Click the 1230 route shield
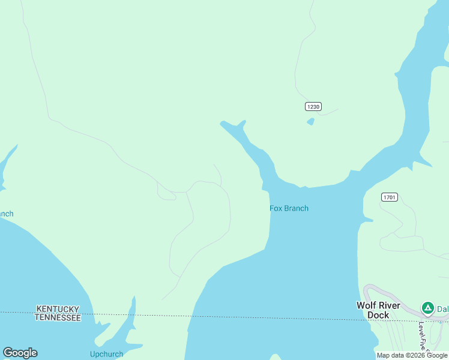313,106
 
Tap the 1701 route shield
389,197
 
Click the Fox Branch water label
289,208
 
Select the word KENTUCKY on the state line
58,309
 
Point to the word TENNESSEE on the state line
58,317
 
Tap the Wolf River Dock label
378,310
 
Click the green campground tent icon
427,308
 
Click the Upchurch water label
106,354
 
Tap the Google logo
20,353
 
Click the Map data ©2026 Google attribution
412,355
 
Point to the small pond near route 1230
310,122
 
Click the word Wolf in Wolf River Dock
367,305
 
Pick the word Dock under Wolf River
378,315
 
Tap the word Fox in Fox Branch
276,208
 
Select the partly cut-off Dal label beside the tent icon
442,309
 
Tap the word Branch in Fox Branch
296,208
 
